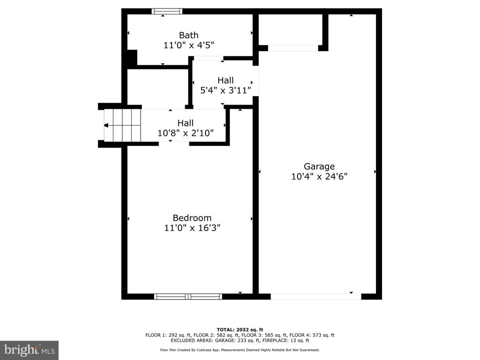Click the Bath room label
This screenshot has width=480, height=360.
(188, 35)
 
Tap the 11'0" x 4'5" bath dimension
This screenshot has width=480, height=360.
(188, 45)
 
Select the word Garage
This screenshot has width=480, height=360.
(319, 166)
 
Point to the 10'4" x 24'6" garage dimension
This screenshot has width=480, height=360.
(319, 177)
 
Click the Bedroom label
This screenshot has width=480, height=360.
(192, 218)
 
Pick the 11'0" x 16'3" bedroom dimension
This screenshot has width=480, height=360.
(192, 228)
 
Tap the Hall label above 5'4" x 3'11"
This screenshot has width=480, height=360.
(225, 81)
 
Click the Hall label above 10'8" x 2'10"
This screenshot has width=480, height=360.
(186, 123)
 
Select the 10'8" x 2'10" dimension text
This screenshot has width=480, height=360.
(186, 133)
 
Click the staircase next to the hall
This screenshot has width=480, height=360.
(122, 125)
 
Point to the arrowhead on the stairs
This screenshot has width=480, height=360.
(106, 125)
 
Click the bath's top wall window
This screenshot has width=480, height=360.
(167, 11)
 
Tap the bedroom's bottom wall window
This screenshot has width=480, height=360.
(188, 296)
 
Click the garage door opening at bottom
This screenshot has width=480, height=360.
(316, 296)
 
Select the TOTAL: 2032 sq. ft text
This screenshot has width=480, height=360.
(240, 330)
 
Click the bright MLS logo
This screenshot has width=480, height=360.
(29, 350)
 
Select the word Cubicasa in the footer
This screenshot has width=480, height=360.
(204, 350)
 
